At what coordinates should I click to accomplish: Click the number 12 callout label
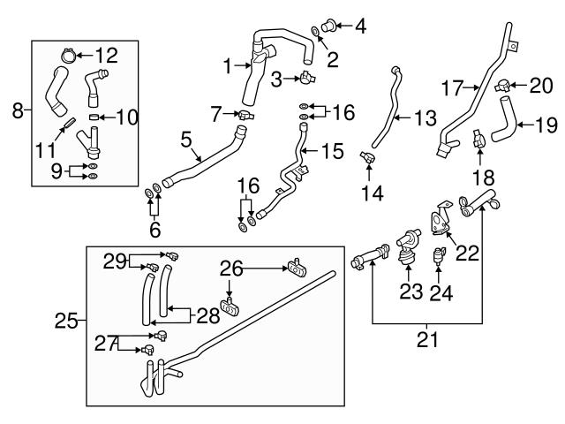[x=106, y=56]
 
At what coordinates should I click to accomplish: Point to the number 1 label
[x=227, y=65]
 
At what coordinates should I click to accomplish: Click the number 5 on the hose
[x=185, y=139]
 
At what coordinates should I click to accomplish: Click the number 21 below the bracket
[x=426, y=337]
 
